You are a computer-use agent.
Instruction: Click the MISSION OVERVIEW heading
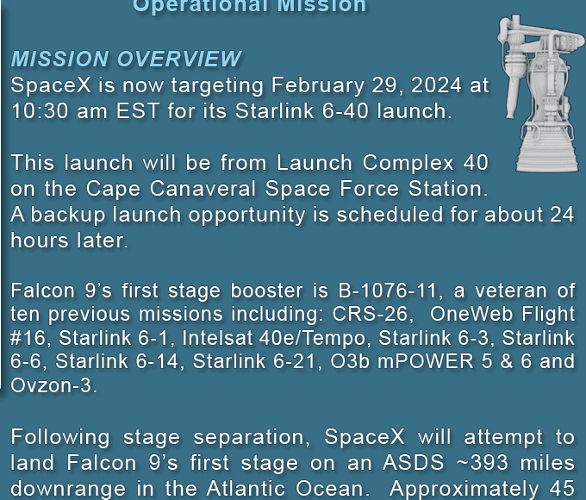tap(127, 59)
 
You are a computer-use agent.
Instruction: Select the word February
tap(318, 86)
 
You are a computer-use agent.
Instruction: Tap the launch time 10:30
tap(40, 111)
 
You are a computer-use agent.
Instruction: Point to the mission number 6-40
tap(345, 111)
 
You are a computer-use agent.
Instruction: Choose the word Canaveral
tap(203, 189)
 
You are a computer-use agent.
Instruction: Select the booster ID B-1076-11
tap(387, 291)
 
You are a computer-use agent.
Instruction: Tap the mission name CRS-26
tap(369, 314)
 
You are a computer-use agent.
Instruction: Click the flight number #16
tap(27, 338)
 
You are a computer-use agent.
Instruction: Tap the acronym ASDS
tap(414, 463)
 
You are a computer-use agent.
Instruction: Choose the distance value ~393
tap(483, 463)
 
